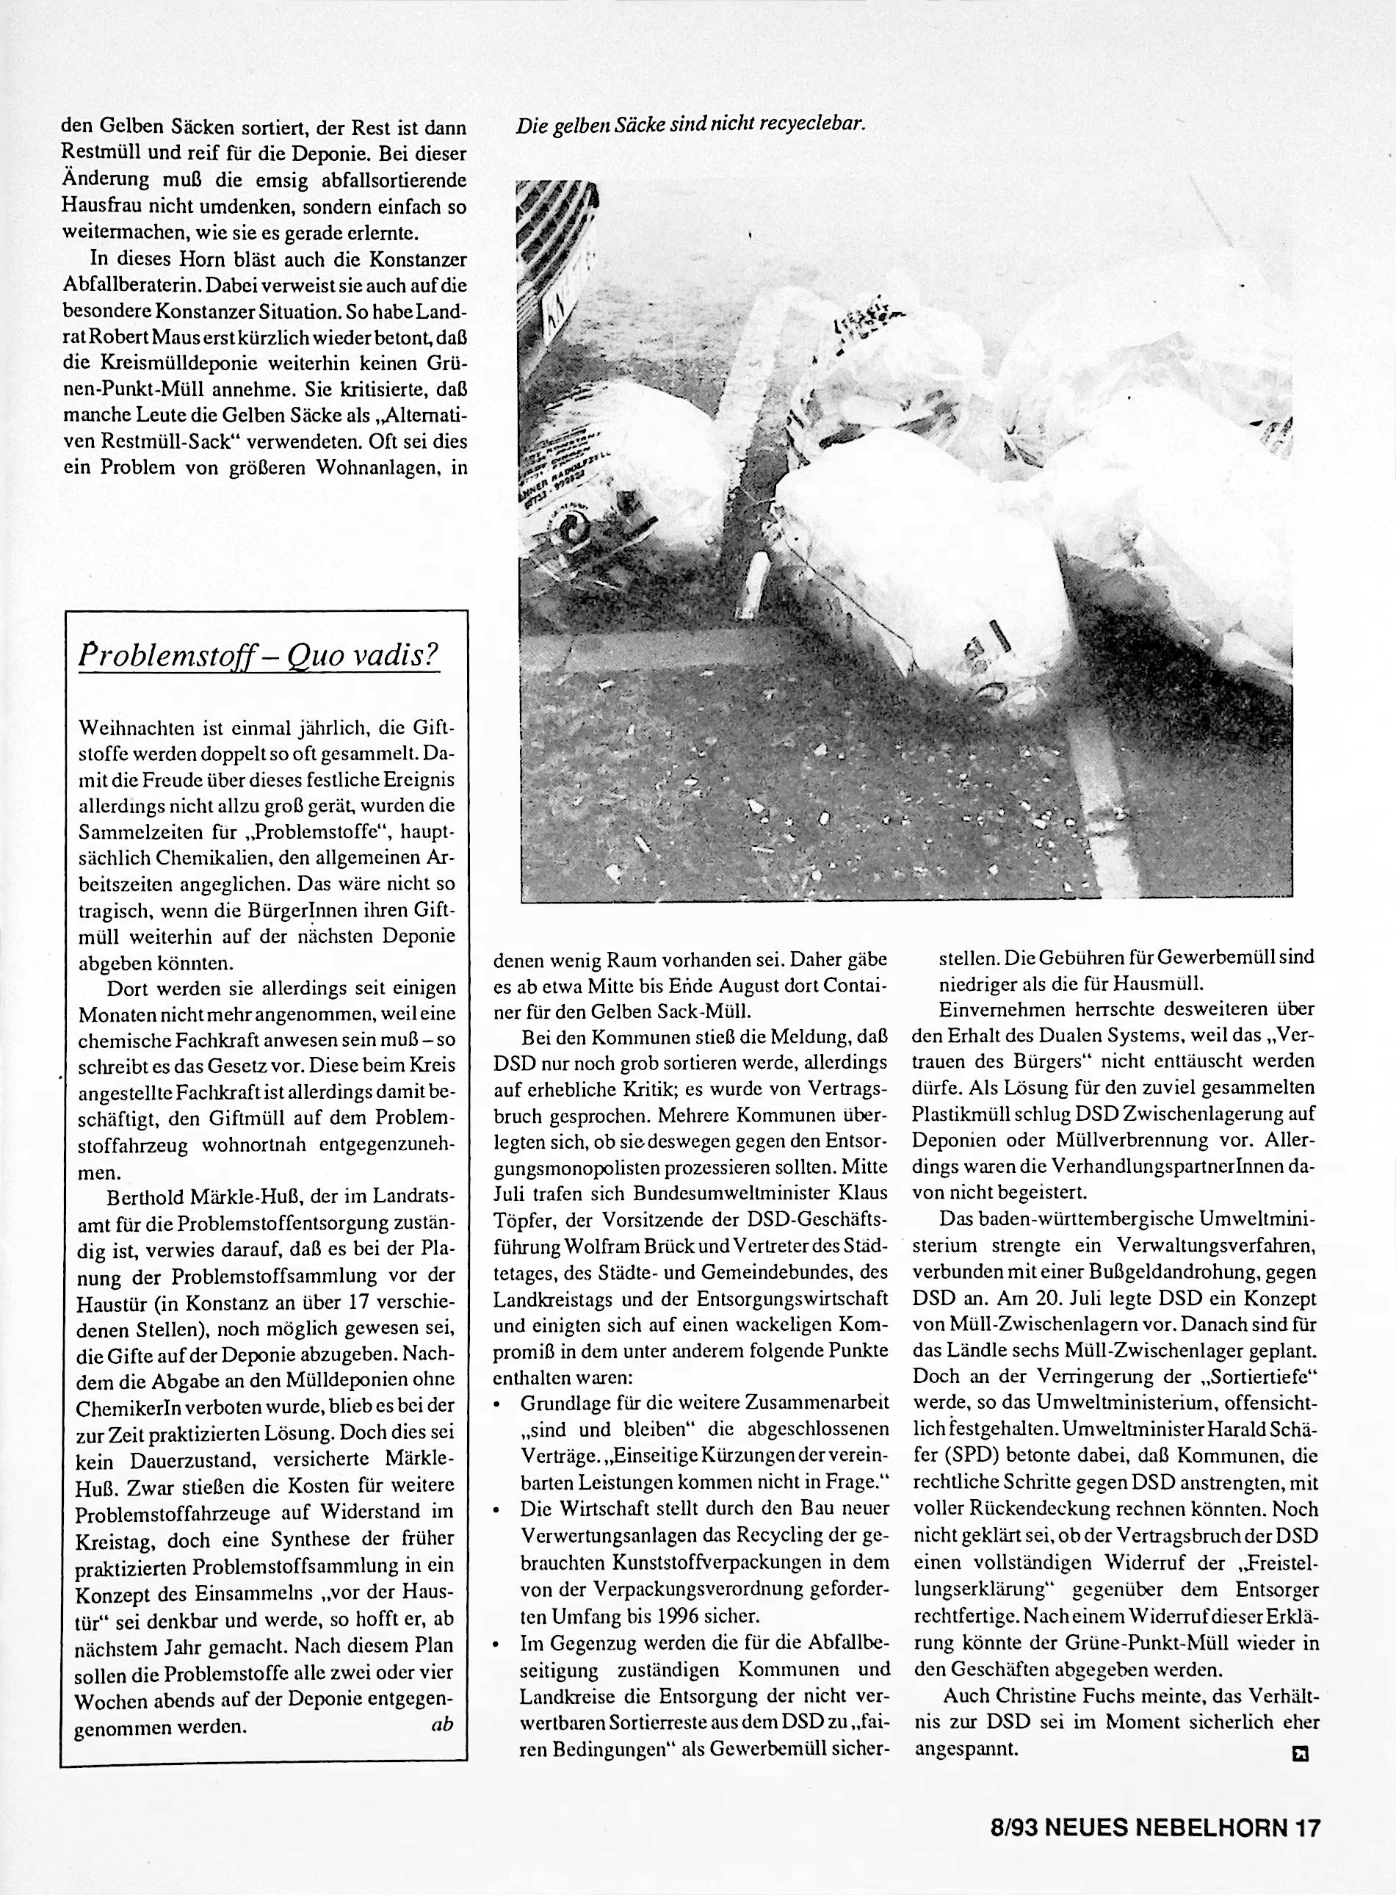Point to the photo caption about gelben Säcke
coord(690,124)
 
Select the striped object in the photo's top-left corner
coord(557,245)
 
